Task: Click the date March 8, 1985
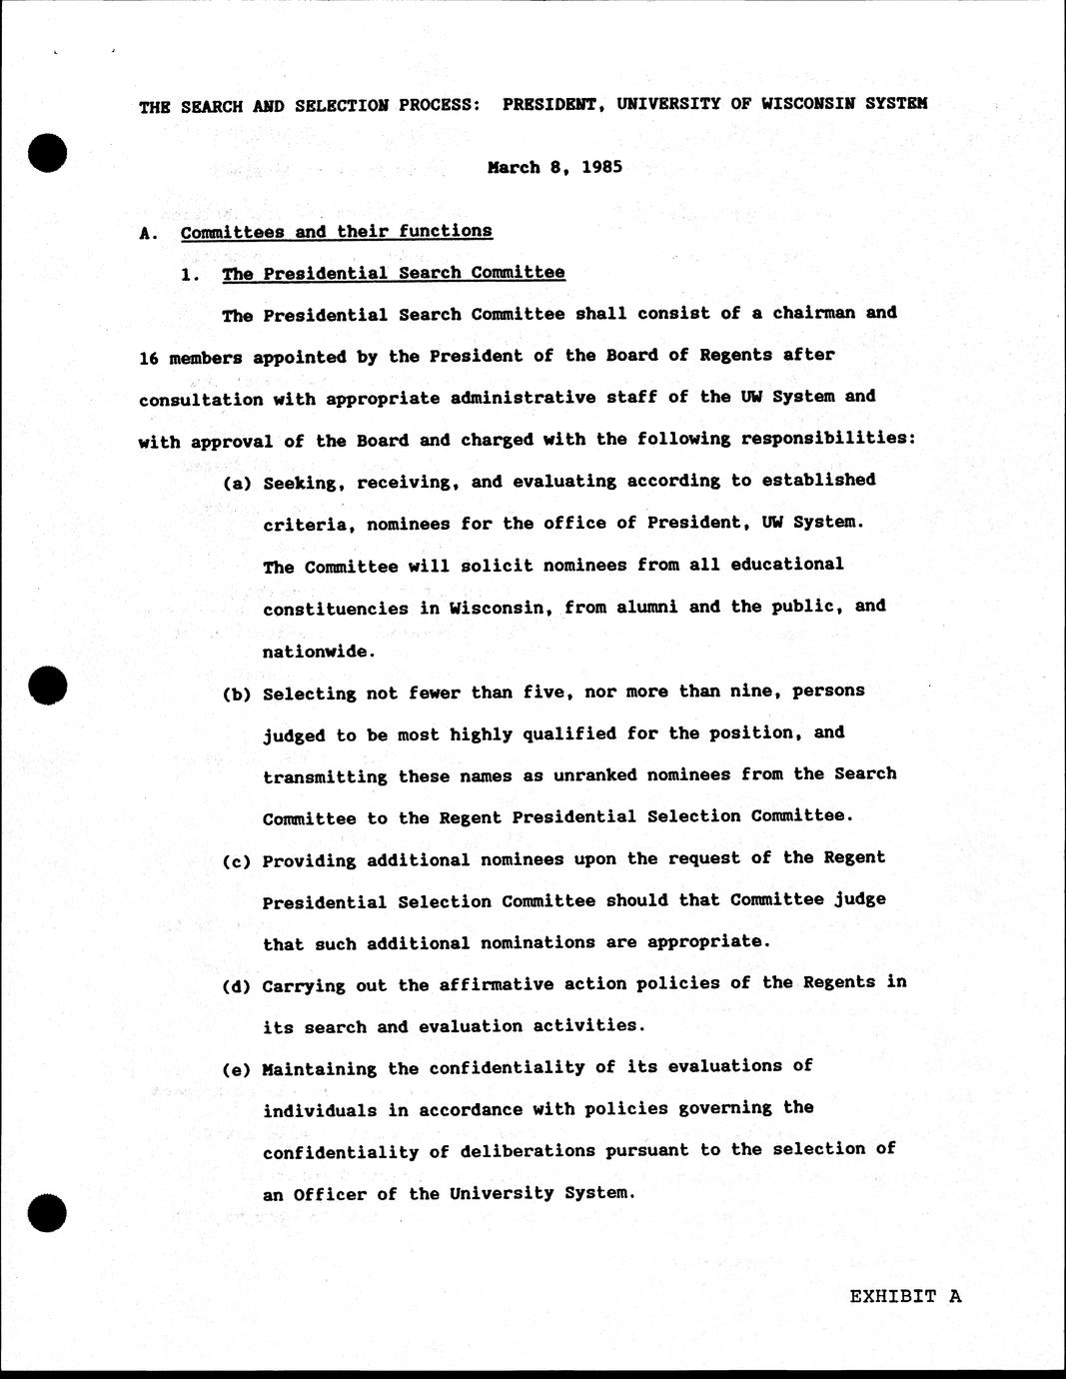pos(554,167)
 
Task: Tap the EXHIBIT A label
pos(905,1296)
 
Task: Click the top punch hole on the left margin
pos(47,153)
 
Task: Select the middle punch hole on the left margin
pos(47,685)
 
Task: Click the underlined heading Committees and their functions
pos(336,232)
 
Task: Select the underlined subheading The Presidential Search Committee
pos(394,273)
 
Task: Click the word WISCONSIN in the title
pos(807,103)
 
